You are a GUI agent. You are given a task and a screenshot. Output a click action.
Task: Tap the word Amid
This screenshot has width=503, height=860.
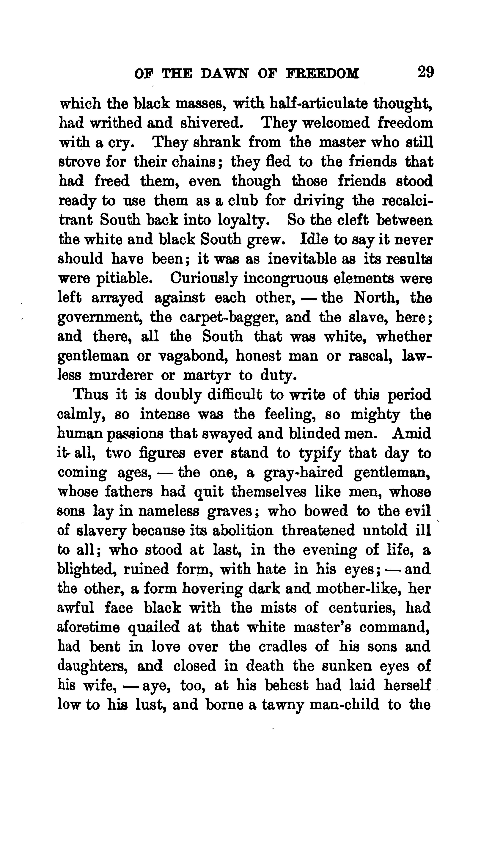pyautogui.click(x=411, y=434)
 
